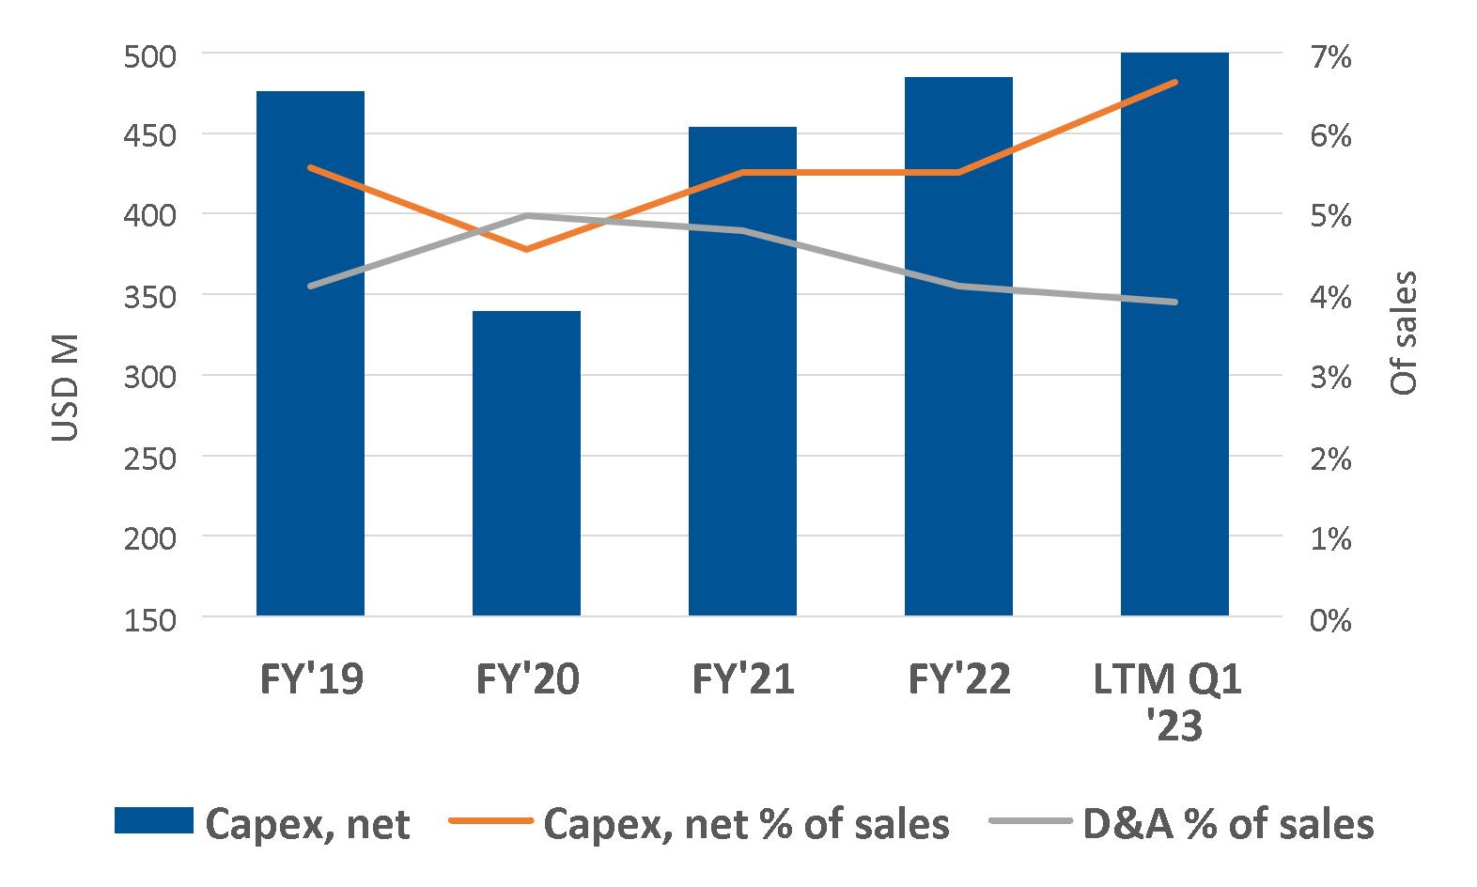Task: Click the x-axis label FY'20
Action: (x=526, y=678)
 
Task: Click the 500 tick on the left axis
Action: (x=150, y=55)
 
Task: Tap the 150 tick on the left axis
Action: (x=150, y=619)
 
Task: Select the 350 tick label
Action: (x=150, y=297)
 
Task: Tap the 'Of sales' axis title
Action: (x=1403, y=333)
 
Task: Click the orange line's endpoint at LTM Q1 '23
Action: (x=1174, y=83)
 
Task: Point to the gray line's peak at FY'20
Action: (x=526, y=216)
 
